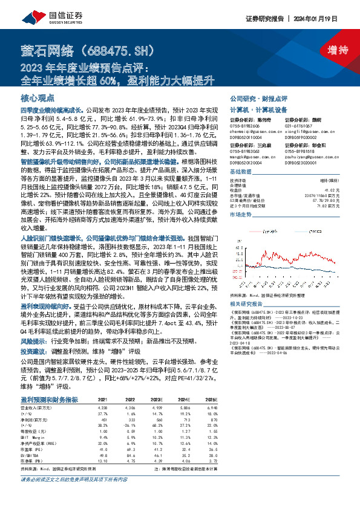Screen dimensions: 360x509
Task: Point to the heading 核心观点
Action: (x=38, y=97)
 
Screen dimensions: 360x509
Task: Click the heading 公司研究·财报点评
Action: (x=254, y=98)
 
